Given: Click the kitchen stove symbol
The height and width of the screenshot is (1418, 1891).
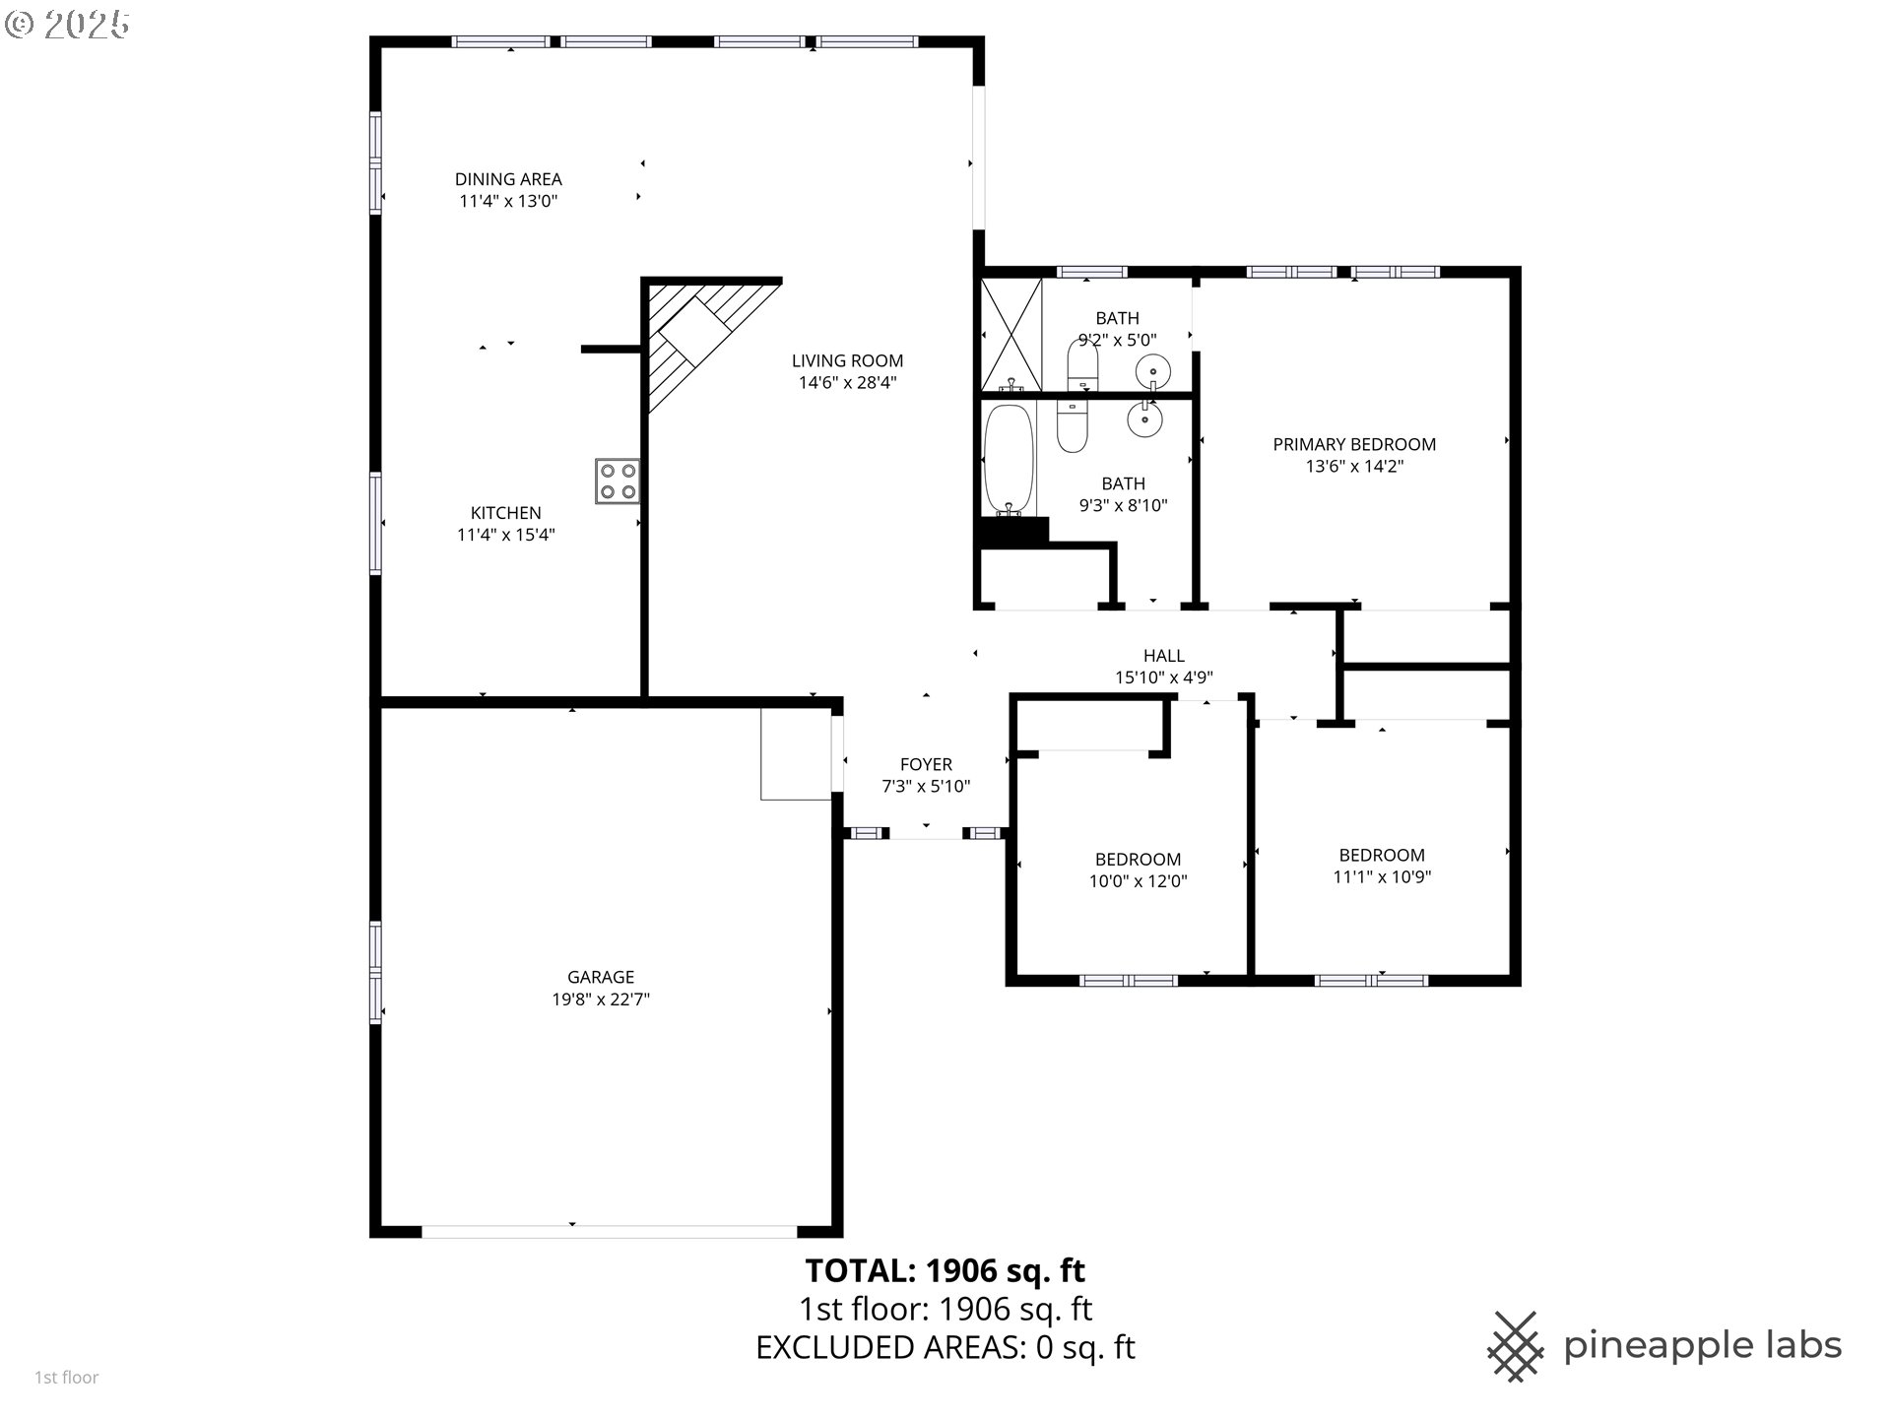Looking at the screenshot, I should click(x=618, y=482).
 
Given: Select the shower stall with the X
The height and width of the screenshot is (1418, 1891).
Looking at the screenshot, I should click(x=1011, y=335).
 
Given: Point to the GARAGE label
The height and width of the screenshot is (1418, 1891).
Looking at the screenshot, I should click(x=601, y=977).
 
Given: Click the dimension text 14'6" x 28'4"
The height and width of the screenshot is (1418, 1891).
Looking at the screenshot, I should click(x=847, y=383).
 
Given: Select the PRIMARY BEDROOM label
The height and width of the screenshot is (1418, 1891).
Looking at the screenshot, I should click(x=1354, y=444).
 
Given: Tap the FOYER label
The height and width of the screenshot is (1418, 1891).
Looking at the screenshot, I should click(x=926, y=764).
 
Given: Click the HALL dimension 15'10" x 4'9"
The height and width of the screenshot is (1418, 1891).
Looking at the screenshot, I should click(x=1163, y=677).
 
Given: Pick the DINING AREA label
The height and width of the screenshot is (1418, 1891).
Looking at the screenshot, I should click(x=508, y=179).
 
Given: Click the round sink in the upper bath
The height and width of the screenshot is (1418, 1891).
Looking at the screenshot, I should click(x=1152, y=371).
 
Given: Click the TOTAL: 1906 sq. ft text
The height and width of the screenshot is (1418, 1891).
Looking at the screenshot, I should click(x=945, y=1270).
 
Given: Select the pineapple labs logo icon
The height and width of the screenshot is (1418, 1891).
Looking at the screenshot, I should click(x=1515, y=1345).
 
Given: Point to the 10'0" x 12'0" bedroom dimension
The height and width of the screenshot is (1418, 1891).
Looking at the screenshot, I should click(x=1138, y=881).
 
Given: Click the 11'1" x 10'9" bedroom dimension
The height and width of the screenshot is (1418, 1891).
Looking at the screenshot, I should click(x=1382, y=877).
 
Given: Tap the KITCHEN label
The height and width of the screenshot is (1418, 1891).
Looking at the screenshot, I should click(x=505, y=513).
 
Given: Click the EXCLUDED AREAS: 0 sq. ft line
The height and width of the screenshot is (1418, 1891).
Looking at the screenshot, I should click(x=945, y=1347).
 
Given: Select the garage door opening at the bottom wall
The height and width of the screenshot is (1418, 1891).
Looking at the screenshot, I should click(x=609, y=1231).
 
